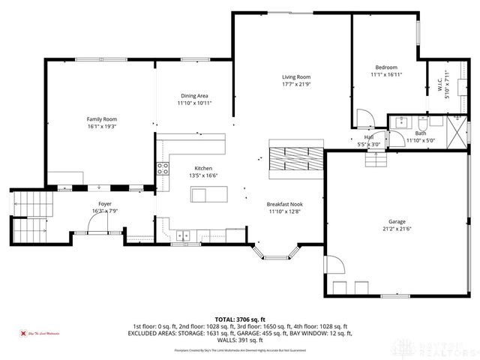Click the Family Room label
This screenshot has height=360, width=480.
tap(102, 119)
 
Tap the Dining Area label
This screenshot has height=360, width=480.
tap(194, 95)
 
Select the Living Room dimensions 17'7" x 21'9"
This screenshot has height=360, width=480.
tap(295, 84)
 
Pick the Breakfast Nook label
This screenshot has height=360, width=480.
tap(284, 204)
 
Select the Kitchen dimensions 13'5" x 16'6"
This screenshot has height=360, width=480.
tap(203, 175)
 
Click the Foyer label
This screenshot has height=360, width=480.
tap(106, 204)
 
